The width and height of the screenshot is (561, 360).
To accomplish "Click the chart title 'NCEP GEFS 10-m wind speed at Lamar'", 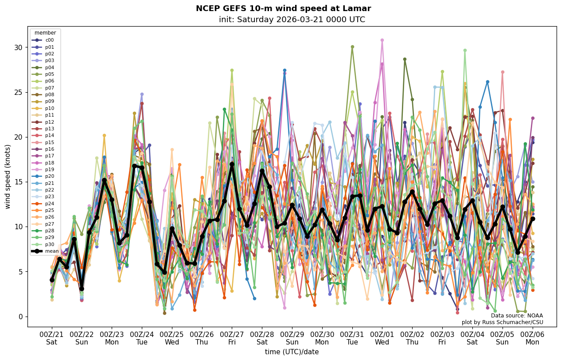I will click(283, 8).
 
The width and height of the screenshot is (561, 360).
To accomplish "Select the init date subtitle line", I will click(292, 20).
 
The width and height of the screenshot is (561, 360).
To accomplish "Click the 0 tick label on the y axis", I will click(21, 317).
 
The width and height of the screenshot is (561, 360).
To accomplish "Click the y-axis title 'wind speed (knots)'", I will click(8, 176).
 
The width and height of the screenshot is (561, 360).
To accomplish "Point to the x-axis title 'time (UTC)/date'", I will click(292, 352).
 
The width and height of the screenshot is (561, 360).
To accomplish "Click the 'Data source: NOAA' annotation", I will click(517, 316).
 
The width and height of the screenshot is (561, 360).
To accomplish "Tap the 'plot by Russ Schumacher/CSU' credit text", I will click(502, 322).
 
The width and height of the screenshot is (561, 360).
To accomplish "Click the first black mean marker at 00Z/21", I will click(52, 280).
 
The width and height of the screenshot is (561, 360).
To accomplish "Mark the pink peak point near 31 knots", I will click(382, 40).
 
